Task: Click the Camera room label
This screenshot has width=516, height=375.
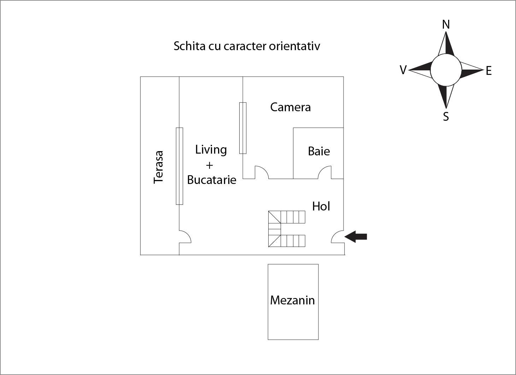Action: pos(291,107)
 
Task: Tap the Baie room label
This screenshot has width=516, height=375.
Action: pos(319,151)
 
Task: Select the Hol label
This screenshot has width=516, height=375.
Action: pos(321,206)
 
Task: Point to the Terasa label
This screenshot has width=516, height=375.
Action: pos(158,167)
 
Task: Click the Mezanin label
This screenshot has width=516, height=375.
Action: pos(293,300)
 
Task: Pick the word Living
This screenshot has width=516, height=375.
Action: pos(211,150)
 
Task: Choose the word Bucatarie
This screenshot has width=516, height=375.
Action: pos(212,180)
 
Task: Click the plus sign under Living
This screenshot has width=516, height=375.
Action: pos(209,165)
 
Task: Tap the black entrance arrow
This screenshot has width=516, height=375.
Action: pos(356,237)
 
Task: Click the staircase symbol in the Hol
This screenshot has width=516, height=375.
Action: pos(287,229)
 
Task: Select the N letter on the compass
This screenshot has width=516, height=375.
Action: pos(446,24)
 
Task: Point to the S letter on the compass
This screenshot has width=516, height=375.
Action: pos(446,117)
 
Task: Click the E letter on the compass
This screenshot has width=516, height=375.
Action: pos(489,71)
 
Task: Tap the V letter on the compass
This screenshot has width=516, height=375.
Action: pos(403,70)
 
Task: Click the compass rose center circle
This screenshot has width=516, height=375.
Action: pos(446,70)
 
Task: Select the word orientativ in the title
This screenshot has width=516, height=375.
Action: pos(294,46)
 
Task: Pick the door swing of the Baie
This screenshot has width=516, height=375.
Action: pos(324,172)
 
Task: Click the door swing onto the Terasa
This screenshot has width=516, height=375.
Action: pos(185,237)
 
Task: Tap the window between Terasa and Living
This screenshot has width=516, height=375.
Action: pos(180,166)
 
